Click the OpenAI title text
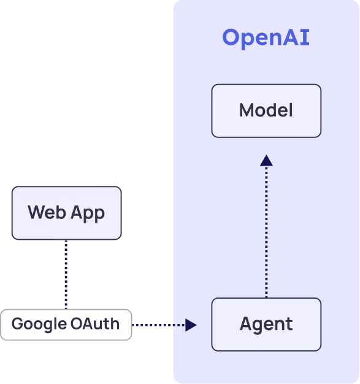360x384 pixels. pos(266,38)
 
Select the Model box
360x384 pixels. pos(266,110)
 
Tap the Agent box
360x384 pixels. pos(266,324)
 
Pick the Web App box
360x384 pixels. pos(66,213)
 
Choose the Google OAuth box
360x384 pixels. pos(66,324)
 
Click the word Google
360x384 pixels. pos(39,324)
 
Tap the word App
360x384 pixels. pos(86,213)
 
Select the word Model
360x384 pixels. pos(266,110)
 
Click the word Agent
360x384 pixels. pos(266,324)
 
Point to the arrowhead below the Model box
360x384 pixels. pos(266,161)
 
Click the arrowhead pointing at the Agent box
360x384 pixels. pos(191,324)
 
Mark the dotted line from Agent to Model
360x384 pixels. pos(266,233)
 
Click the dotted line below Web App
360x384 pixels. pos(66,274)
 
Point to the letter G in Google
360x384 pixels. pos(17,324)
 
